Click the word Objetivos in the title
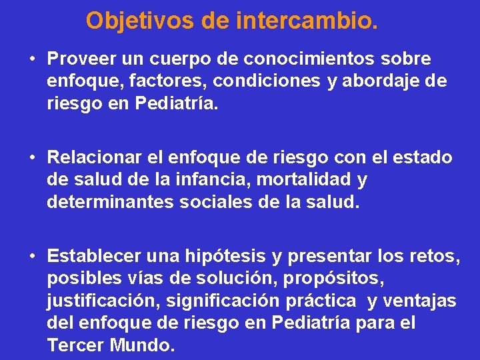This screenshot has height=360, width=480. [139, 21]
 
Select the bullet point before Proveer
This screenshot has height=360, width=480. [31, 59]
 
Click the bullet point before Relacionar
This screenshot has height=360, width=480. [31, 158]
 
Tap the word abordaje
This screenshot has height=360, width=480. [386, 82]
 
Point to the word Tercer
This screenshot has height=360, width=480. [73, 346]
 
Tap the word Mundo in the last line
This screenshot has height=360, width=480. [140, 346]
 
